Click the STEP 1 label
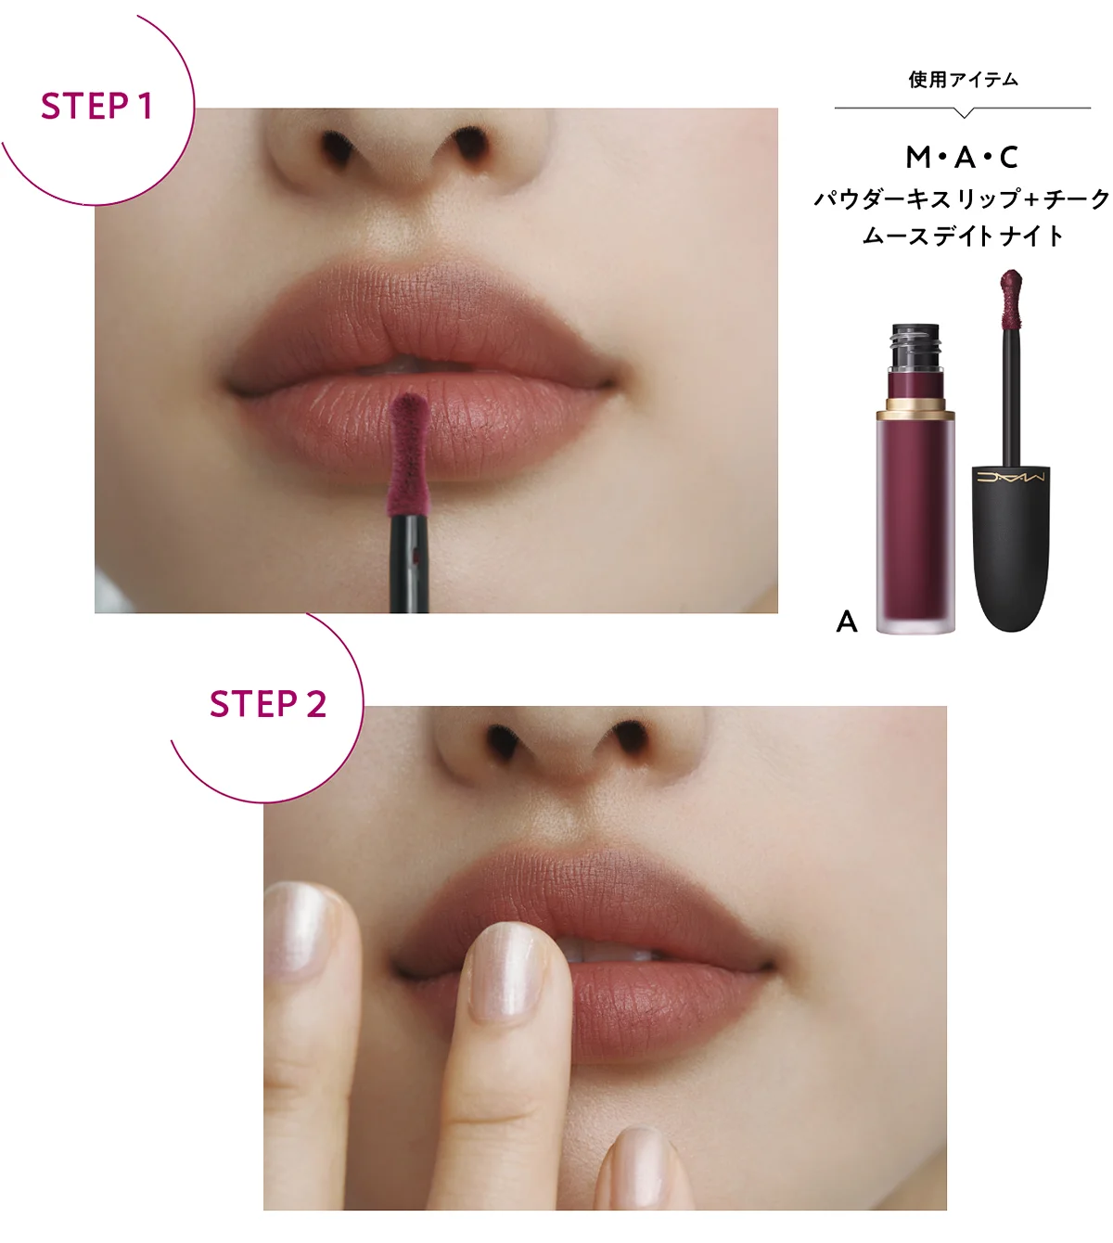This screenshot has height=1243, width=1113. [x=96, y=106]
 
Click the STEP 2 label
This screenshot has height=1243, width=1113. [x=267, y=703]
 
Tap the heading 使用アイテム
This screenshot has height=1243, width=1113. [x=964, y=80]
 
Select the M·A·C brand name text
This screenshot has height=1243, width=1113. [x=962, y=158]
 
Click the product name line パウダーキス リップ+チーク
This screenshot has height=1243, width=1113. [x=962, y=199]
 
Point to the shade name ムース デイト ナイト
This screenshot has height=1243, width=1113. [x=962, y=236]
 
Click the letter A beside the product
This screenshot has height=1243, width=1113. [x=847, y=621]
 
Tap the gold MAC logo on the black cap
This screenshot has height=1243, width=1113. [x=1011, y=477]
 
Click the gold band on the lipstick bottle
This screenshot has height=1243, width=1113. [x=915, y=407]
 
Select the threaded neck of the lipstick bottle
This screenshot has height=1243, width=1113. [x=915, y=347]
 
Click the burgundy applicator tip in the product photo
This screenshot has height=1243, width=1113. [x=1011, y=298]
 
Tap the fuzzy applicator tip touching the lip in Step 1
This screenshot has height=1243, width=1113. [x=408, y=454]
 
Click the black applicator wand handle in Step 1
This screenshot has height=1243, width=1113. [x=409, y=563]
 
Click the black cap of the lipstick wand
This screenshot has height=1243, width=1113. [x=1011, y=547]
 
